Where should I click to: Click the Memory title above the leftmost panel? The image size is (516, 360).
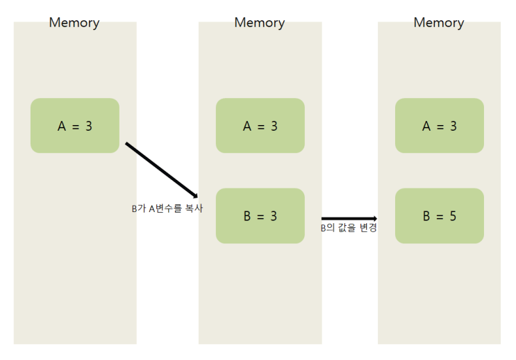point(74,23)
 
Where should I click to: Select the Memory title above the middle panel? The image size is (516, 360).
point(260,23)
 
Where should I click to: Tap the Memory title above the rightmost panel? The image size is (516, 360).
point(439,23)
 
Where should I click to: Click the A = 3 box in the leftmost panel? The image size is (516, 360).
point(75,126)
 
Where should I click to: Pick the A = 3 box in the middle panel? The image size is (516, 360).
point(260,126)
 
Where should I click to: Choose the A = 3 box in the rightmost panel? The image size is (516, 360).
point(440,126)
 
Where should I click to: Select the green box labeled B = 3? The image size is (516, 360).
point(260,216)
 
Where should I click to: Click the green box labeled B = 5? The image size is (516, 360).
point(440,216)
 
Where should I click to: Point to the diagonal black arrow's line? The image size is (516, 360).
point(160,169)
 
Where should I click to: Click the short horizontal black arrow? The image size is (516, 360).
point(347,218)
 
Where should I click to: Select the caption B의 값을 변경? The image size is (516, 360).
point(349,228)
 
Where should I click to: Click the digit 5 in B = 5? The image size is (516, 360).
point(453,216)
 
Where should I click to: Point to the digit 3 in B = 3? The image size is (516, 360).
point(274,216)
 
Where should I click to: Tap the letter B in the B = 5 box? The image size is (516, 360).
point(426,216)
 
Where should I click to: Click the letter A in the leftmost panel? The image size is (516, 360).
point(61,126)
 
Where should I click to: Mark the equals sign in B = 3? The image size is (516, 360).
point(260,216)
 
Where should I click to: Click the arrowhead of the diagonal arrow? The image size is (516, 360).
point(196,196)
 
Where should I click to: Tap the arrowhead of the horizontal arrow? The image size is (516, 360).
point(374,218)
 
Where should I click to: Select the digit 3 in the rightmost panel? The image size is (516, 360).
point(453,126)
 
